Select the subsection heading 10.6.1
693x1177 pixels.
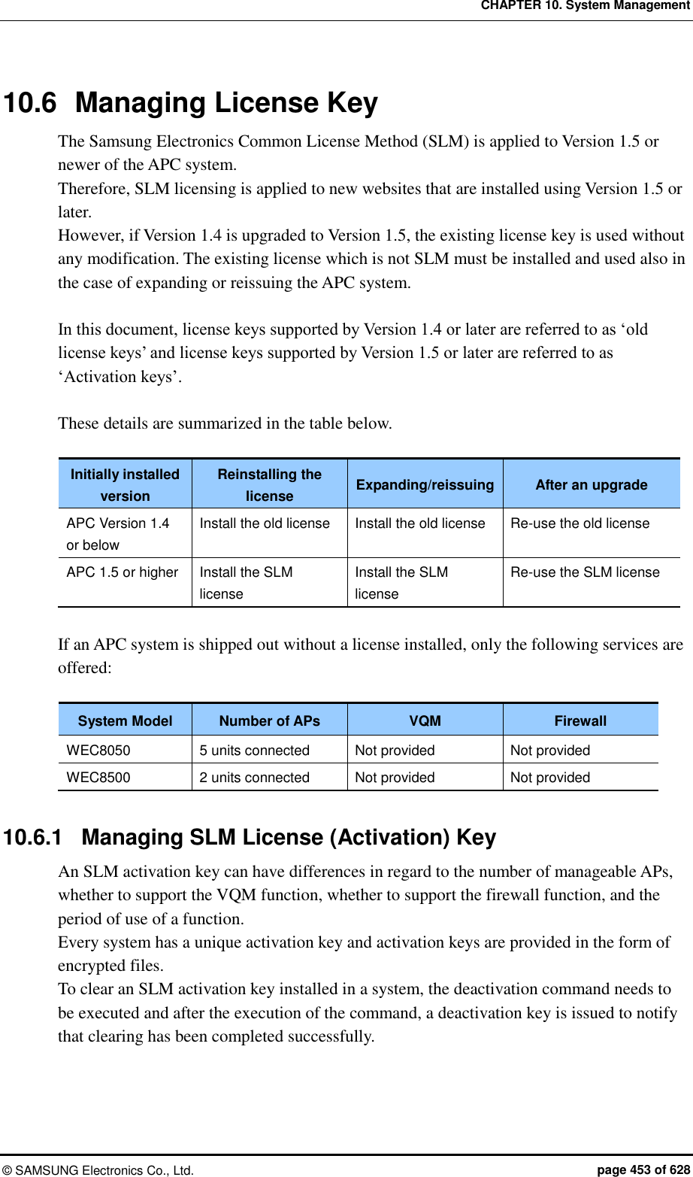250,837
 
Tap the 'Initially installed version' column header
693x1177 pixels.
125,485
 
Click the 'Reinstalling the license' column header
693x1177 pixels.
269,485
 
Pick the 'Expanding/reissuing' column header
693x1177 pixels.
425,485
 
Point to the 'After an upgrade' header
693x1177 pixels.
591,485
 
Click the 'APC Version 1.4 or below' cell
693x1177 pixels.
118,533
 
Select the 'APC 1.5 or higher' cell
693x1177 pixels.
123,572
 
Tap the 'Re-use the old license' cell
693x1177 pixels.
580,523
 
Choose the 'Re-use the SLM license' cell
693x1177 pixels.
585,572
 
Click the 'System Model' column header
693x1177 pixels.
125,720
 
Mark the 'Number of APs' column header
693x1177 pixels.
269,720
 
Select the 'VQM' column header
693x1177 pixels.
425,720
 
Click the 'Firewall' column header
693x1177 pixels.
580,720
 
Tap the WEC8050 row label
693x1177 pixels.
98,751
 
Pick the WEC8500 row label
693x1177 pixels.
98,778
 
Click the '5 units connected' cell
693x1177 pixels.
254,751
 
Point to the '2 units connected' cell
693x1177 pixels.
254,778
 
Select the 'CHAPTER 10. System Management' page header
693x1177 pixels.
585,6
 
